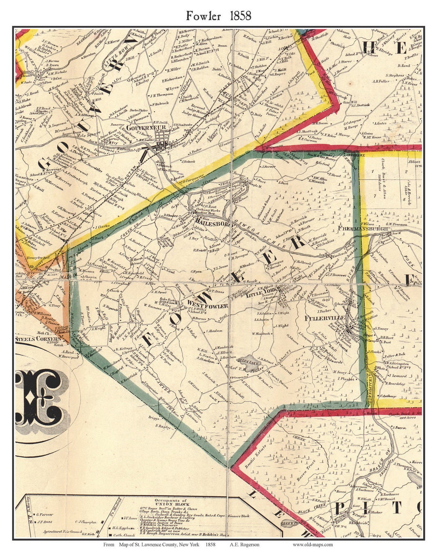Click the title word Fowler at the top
pyautogui.click(x=204, y=16)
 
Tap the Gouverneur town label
pyautogui.click(x=140, y=127)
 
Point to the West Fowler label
pyautogui.click(x=207, y=306)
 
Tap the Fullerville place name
pyautogui.click(x=325, y=318)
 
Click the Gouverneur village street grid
pyautogui.click(x=163, y=144)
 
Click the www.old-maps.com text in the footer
pyautogui.click(x=313, y=544)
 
